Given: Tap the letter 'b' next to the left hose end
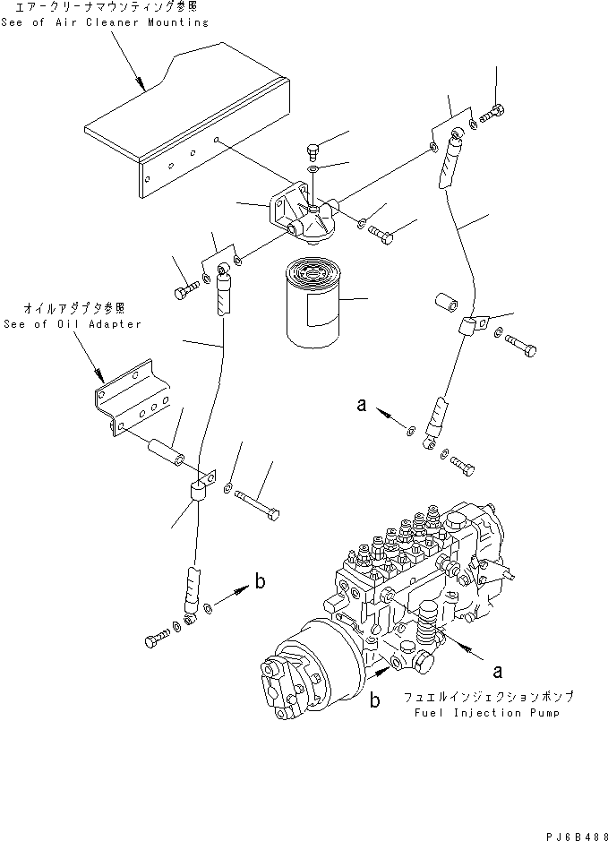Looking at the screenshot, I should [x=260, y=583].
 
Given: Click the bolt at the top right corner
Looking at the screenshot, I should [x=492, y=114].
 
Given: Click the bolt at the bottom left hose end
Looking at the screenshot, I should [x=154, y=640].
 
